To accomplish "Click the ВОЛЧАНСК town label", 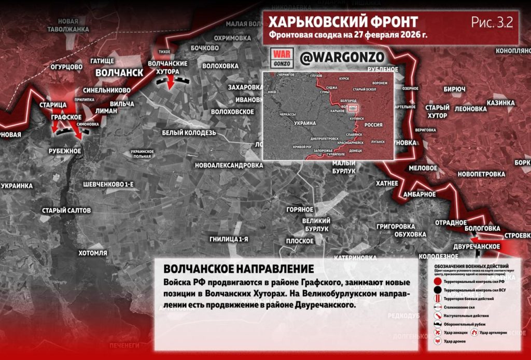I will pyautogui.click(x=119, y=73).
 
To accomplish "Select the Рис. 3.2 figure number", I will pyautogui.click(x=492, y=22).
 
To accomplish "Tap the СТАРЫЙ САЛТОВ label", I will pyautogui.click(x=66, y=211).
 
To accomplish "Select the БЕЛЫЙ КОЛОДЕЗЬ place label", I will pyautogui.click(x=189, y=133).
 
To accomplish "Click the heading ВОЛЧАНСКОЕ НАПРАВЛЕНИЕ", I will pyautogui.click(x=238, y=269).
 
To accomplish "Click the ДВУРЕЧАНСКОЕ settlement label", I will pyautogui.click(x=476, y=246).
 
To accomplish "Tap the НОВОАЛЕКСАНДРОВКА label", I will pyautogui.click(x=229, y=165).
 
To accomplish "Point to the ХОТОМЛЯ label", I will pyautogui.click(x=92, y=253).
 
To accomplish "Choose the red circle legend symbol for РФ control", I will pyautogui.click(x=438, y=280).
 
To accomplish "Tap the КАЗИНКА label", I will pyautogui.click(x=500, y=103).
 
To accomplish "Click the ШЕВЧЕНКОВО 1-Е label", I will pyautogui.click(x=108, y=185).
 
